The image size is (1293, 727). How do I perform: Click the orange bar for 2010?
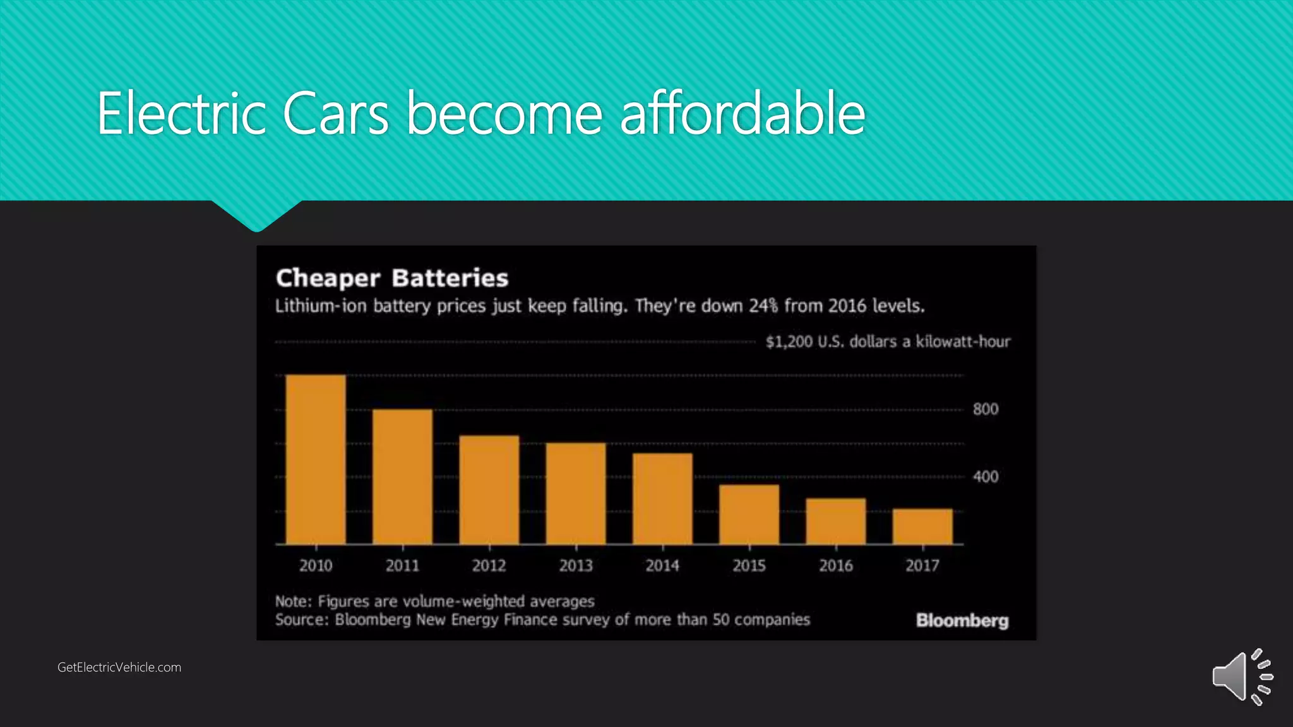[316, 459]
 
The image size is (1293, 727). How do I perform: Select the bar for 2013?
[575, 494]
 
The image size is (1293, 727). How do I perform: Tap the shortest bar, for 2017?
[922, 526]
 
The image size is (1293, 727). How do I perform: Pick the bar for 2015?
[749, 514]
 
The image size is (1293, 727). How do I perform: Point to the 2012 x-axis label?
[489, 565]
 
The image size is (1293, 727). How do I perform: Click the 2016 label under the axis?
[836, 565]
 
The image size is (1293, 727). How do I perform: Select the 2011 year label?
[402, 565]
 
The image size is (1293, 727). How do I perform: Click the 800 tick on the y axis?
[985, 410]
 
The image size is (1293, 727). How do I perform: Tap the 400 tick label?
[985, 476]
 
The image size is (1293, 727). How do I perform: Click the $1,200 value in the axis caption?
[789, 342]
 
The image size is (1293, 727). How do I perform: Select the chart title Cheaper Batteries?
[391, 278]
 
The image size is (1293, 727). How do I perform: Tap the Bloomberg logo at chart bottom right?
[962, 620]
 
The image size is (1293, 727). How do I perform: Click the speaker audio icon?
[1241, 677]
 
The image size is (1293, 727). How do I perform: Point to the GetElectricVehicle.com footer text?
[119, 667]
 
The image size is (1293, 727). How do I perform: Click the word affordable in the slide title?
[742, 114]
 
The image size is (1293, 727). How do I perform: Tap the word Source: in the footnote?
[302, 620]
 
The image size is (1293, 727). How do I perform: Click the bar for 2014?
[662, 499]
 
